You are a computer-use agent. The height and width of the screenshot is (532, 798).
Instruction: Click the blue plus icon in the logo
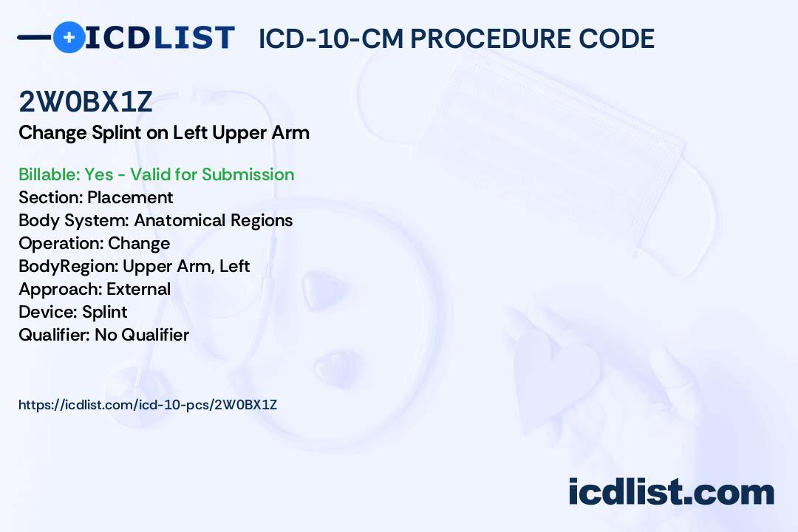click(69, 37)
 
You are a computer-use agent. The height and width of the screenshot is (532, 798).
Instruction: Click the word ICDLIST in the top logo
click(160, 38)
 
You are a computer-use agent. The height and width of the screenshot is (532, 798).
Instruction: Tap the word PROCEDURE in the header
click(491, 38)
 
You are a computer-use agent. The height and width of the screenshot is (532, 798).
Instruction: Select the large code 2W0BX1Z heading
click(86, 101)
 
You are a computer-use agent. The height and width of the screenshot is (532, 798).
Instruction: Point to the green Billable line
click(156, 174)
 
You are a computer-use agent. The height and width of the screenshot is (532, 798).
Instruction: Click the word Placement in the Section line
click(130, 197)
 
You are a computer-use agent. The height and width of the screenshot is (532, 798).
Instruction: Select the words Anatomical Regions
click(214, 220)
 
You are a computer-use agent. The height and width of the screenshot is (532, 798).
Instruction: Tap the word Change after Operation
click(139, 243)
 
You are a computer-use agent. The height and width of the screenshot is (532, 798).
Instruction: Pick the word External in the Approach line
click(138, 289)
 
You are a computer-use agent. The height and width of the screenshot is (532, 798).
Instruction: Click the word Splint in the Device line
click(104, 312)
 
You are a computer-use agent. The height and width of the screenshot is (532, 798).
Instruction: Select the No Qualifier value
click(142, 335)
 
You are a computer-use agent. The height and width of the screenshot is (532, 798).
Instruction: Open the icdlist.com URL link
click(148, 405)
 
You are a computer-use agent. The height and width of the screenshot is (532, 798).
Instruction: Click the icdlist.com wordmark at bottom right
click(671, 491)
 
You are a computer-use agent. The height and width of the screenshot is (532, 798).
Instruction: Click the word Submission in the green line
click(248, 174)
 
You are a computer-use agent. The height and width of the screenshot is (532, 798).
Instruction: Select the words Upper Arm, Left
click(186, 266)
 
